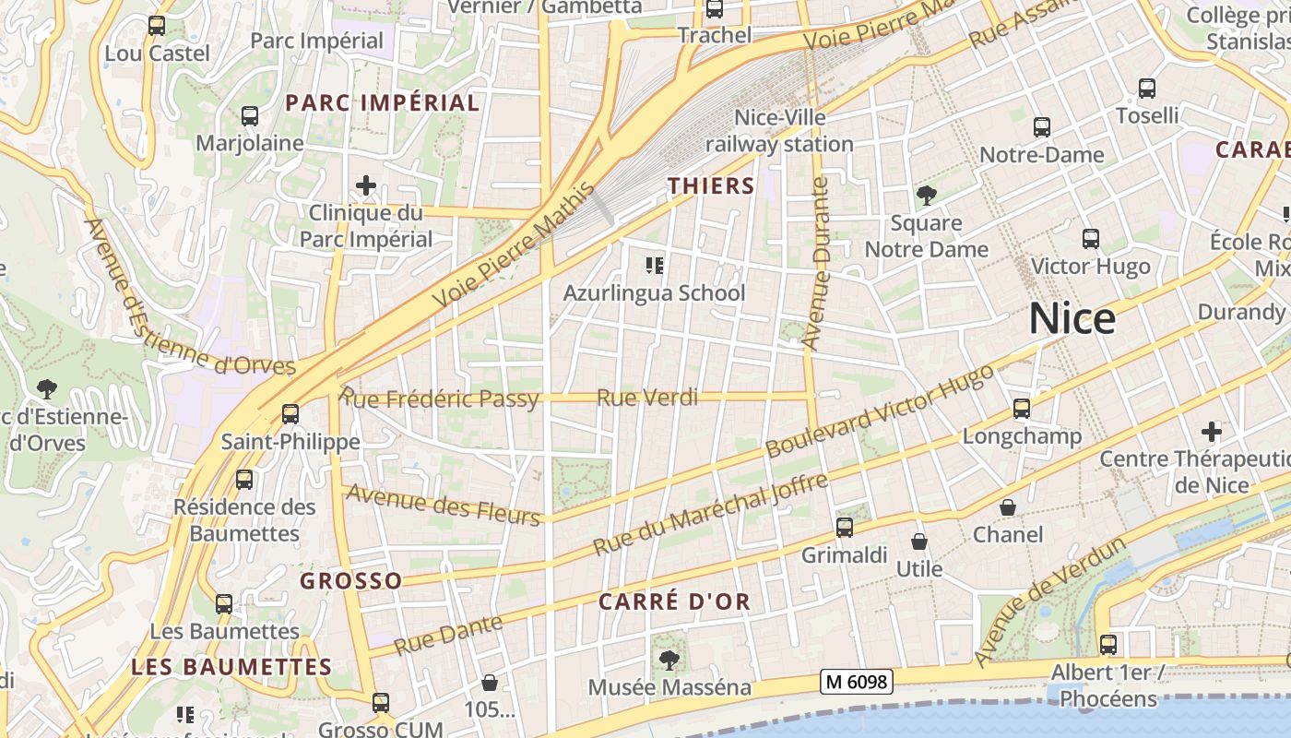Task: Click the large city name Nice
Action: pos(1072,319)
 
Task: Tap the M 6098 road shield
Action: pos(857,682)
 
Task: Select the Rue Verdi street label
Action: pos(647,398)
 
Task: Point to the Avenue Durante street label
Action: pos(816,264)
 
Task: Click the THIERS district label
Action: pos(711,185)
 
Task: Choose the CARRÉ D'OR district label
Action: pos(674,601)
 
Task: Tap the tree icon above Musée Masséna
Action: pos(669,661)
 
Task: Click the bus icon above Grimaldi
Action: pos(844,528)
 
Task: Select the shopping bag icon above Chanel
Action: pos(1008,507)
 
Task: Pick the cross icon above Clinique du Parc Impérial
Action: pos(366,185)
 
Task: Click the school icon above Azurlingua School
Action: pos(654,267)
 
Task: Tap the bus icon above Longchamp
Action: pos(1021,408)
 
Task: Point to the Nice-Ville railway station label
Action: pos(779,131)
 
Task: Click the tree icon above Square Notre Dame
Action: pos(926,196)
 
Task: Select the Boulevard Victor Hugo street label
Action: pos(880,411)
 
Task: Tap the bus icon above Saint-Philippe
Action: pos(290,414)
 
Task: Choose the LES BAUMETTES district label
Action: pos(231,666)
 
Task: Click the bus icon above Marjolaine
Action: pos(250,116)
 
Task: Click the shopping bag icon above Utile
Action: pos(918,542)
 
